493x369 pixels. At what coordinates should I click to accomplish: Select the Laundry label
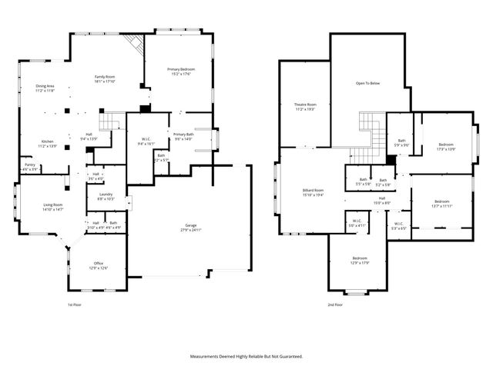(106, 196)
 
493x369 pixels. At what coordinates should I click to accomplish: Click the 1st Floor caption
(75, 304)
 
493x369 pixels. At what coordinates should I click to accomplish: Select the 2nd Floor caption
(335, 304)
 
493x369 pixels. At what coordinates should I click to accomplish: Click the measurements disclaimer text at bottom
(246, 356)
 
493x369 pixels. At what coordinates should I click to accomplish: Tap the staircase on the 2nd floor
(371, 131)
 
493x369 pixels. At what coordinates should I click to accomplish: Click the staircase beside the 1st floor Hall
(112, 121)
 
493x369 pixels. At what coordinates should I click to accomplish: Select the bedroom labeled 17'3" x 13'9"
(446, 146)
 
